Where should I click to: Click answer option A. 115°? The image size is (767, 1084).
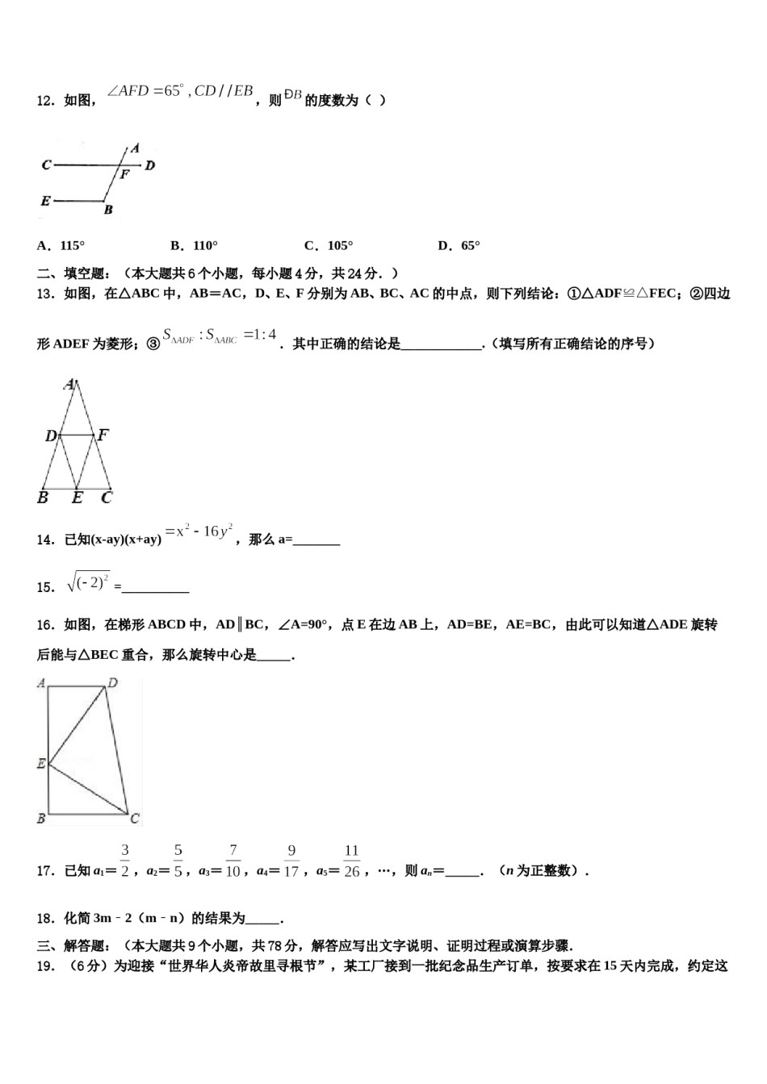click(61, 246)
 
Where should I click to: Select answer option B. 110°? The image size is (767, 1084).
click(195, 246)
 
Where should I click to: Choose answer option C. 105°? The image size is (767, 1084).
click(329, 246)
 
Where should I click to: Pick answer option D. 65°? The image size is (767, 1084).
click(459, 246)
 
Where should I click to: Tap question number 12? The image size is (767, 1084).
click(45, 101)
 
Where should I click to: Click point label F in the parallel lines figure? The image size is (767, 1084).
click(124, 174)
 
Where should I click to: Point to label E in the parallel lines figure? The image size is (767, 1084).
click(45, 201)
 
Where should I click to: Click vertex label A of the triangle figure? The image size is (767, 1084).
click(70, 384)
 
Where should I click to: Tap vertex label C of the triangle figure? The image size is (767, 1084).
click(106, 498)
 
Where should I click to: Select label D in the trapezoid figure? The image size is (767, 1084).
click(113, 683)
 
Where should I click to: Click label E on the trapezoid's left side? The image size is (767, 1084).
click(41, 763)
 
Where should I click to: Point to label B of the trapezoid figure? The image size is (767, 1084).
click(41, 819)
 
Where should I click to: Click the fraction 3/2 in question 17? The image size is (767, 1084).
click(125, 861)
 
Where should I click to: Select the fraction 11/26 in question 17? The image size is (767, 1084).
click(351, 861)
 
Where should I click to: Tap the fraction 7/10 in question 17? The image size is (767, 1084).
click(233, 861)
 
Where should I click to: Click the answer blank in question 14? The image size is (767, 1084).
click(316, 540)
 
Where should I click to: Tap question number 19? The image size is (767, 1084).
click(45, 966)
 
